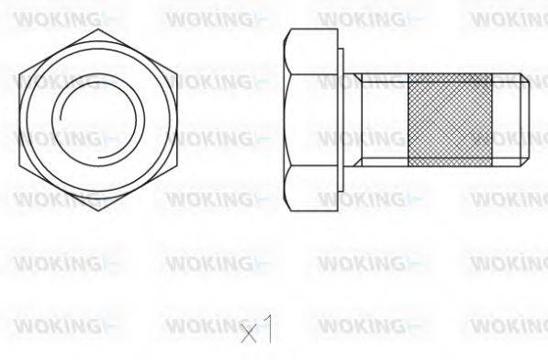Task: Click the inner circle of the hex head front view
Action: click(x=98, y=120)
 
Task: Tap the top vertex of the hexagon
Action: click(x=98, y=27)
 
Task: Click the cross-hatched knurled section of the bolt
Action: click(x=450, y=119)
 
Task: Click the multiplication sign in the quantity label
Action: click(x=248, y=332)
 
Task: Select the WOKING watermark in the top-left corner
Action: click(x=61, y=17)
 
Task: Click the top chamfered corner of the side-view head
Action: click(x=292, y=33)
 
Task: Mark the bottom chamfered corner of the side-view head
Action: click(x=292, y=207)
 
